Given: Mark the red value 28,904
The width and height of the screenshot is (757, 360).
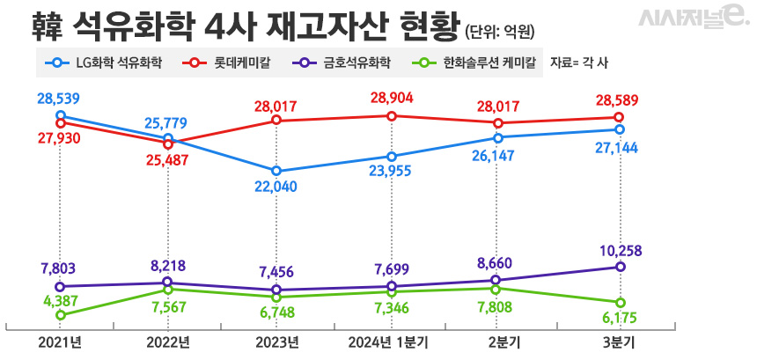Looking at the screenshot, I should click(392, 97).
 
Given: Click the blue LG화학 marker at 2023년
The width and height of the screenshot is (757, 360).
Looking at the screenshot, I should click(277, 171).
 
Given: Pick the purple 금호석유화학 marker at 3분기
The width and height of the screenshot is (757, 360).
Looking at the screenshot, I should click(621, 267).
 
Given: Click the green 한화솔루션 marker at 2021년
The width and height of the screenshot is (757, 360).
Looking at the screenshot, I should click(60, 315).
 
